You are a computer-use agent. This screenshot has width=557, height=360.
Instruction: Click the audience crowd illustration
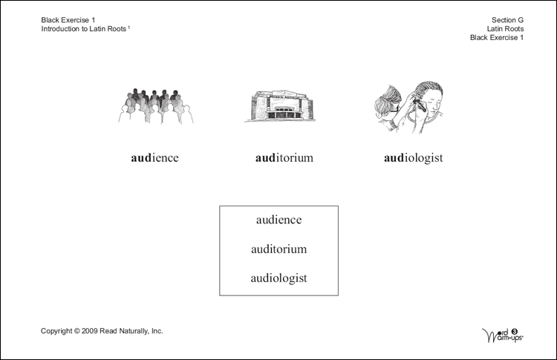click(155, 106)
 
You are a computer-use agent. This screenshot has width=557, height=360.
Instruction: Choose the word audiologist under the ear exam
click(414, 158)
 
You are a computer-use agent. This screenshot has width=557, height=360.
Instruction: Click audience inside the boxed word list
click(278, 220)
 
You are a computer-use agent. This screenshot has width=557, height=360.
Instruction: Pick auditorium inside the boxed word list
click(278, 249)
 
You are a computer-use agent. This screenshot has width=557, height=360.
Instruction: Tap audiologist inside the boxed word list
click(278, 278)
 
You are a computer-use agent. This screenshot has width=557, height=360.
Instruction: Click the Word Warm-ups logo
click(504, 333)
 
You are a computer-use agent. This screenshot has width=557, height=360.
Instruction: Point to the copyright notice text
click(102, 331)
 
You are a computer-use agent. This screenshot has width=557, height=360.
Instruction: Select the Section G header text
click(508, 19)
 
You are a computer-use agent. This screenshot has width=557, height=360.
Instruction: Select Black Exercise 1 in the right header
click(497, 37)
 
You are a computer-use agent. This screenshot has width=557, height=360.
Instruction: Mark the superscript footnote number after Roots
click(129, 27)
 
